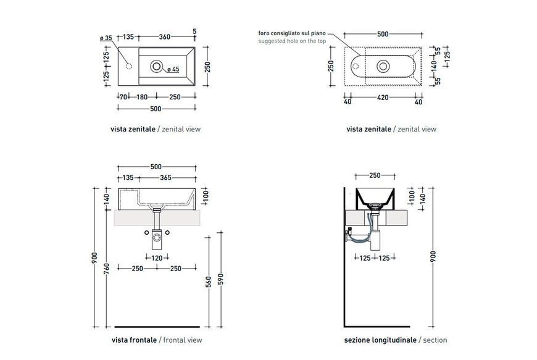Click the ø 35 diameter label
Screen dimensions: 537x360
tap(106, 38)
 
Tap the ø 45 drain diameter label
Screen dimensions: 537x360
tap(173, 69)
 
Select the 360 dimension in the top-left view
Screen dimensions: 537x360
tap(164, 36)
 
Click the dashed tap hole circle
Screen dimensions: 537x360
tap(129, 66)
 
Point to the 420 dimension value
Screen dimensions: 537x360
tap(383, 98)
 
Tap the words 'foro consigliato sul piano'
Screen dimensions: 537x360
tap(292, 33)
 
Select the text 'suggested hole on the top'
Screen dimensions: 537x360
tap(292, 41)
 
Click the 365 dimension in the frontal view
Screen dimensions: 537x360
tap(165, 177)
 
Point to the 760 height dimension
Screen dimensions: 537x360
tap(106, 269)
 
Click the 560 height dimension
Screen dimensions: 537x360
tap(209, 282)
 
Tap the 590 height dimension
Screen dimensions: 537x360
tap(220, 279)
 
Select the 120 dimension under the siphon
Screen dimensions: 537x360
tap(157, 258)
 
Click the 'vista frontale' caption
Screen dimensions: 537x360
tap(134, 340)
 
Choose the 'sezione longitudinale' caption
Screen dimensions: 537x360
tap(380, 340)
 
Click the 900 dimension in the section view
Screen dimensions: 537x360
tap(433, 257)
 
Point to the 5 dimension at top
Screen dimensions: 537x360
tap(194, 31)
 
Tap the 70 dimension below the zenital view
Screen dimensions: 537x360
tap(123, 97)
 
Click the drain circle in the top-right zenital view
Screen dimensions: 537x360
tap(383, 66)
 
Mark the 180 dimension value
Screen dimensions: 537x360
tap(142, 97)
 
